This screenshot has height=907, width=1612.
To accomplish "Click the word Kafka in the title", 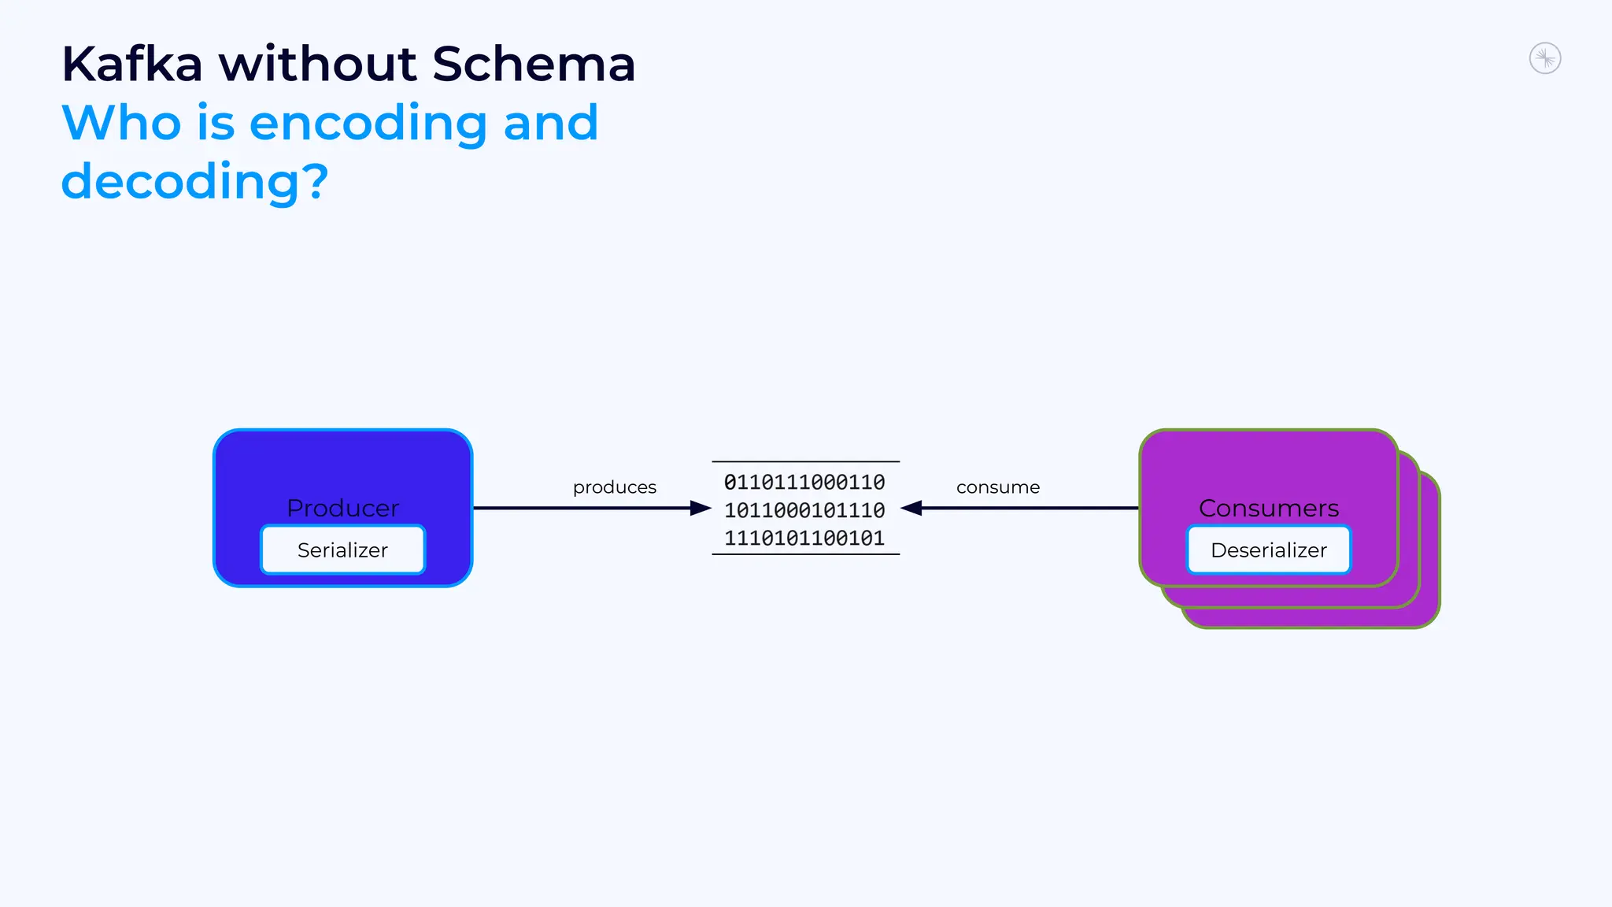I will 132,64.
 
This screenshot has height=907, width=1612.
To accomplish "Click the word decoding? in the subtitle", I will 194,182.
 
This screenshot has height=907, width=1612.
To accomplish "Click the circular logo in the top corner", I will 1544,59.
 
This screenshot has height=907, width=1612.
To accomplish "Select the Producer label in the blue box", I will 342,508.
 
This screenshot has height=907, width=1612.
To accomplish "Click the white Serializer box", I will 342,550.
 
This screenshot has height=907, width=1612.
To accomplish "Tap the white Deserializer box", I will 1268,550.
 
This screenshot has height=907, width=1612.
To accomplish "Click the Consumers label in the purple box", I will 1268,508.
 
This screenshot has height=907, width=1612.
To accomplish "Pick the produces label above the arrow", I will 614,487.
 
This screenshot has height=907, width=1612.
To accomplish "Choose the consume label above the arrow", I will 997,487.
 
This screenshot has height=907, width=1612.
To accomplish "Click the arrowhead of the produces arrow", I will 700,508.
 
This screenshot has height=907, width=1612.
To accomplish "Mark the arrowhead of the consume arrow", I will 911,508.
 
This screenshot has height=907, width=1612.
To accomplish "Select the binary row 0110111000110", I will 804,482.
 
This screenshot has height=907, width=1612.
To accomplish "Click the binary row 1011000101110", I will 804,510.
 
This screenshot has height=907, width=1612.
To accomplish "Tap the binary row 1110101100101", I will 804,538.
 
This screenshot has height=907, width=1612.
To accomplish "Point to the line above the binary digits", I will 805,461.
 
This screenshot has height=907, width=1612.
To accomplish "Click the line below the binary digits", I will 805,554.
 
